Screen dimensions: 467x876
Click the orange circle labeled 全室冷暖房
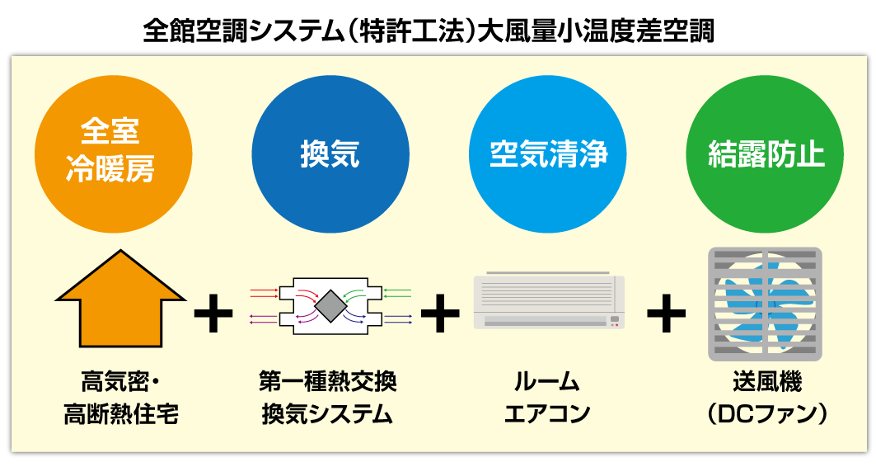[113, 153]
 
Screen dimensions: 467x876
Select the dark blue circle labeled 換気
[330, 153]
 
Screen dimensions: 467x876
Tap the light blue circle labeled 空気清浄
[548, 153]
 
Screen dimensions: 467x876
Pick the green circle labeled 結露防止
[766, 153]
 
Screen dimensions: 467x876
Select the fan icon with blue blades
[766, 304]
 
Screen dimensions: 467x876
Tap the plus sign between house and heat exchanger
[213, 314]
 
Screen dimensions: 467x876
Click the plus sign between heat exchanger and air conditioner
[440, 314]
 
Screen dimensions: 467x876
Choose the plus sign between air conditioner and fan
[666, 314]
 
